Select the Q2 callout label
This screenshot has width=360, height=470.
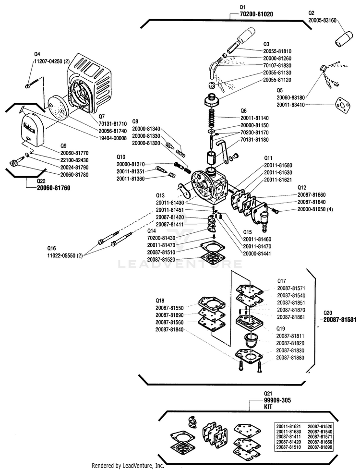[x=311, y=13]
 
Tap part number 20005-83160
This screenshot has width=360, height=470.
[x=322, y=21]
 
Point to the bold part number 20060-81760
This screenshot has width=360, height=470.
[x=54, y=188]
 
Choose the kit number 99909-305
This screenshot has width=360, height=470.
[x=264, y=400]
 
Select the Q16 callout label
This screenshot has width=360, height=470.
[x=51, y=248]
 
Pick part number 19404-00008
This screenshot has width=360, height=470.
[x=113, y=138]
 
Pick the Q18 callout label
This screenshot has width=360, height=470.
[x=160, y=300]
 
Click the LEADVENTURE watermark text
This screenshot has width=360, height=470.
[x=180, y=264]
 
